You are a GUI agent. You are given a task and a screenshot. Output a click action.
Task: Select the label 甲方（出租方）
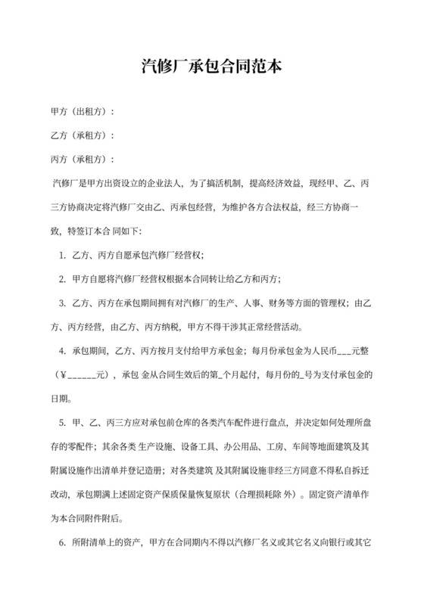[81, 113]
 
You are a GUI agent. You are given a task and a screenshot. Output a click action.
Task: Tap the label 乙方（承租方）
[81, 136]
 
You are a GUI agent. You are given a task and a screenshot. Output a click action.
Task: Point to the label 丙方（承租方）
[81, 160]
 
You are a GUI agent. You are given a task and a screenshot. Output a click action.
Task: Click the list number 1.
[61, 256]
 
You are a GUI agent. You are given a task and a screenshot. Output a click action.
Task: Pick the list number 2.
[61, 280]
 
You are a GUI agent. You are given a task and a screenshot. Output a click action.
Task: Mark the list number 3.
[61, 304]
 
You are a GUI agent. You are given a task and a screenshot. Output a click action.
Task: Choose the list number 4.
[61, 352]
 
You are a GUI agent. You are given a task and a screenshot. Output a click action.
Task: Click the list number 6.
[61, 542]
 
